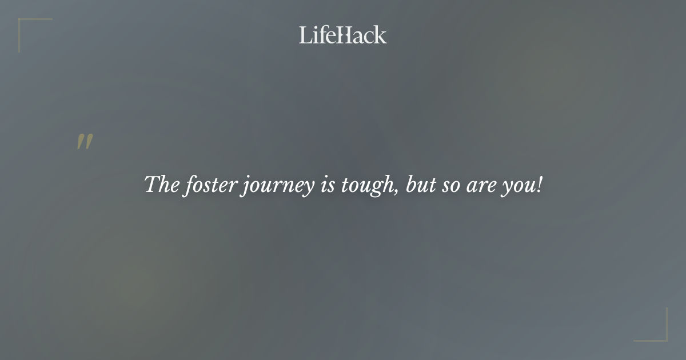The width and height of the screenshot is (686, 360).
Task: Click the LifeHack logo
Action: [342, 35]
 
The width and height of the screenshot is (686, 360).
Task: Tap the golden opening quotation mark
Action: [85, 142]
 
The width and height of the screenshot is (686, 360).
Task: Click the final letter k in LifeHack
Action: [380, 35]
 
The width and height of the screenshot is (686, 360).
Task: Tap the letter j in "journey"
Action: [244, 187]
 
